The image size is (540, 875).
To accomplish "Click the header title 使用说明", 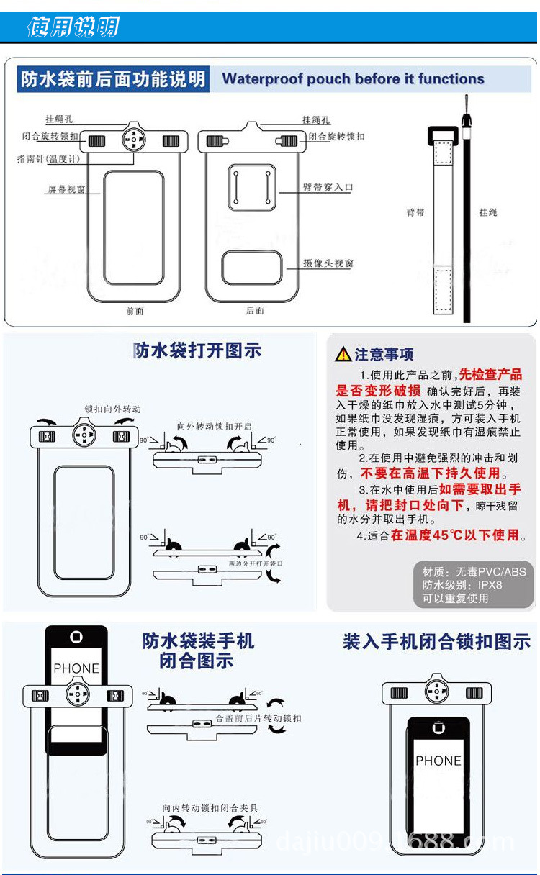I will point(72,27).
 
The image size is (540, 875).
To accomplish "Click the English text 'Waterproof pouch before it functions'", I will point(353,79).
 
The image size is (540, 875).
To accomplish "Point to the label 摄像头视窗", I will point(328,264).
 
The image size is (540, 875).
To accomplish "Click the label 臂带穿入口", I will point(328,188).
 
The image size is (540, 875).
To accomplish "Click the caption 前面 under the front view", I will point(135,311).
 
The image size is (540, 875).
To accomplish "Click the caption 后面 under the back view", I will point(255,310).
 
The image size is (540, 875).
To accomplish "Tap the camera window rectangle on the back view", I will point(252,268).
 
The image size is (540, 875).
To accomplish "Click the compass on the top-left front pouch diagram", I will point(134,140).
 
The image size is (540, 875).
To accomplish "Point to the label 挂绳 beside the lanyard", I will point(488,212).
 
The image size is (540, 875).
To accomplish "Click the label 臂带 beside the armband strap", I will point(415,212).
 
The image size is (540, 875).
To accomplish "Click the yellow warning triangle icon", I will point(343,354).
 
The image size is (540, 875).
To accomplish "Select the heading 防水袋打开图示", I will point(197,350).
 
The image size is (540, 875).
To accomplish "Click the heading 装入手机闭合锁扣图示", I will point(436,641).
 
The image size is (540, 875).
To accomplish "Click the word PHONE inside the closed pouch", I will point(438,761).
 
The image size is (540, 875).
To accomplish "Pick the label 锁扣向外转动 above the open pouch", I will point(112,409).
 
